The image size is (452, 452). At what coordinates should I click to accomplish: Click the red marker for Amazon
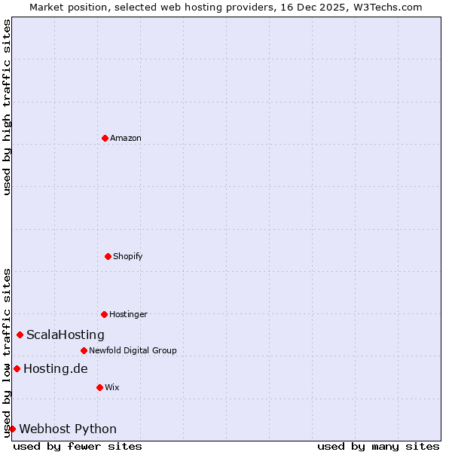[x=105, y=138]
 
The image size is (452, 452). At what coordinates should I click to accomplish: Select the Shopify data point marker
[x=108, y=256]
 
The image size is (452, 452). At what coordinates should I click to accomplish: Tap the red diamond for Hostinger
[x=104, y=314]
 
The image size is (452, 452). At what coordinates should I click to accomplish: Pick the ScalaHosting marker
[x=20, y=334]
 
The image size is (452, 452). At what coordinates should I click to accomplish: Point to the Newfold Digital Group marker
[x=84, y=350]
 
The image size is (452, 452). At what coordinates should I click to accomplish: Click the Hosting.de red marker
[x=17, y=368]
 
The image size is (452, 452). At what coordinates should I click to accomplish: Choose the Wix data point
[x=99, y=387]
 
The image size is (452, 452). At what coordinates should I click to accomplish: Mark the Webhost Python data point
[x=12, y=429]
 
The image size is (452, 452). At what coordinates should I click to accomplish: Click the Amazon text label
[x=126, y=138]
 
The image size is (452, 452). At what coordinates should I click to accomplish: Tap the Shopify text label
[x=128, y=256]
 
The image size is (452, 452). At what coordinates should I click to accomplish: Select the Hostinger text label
[x=128, y=314]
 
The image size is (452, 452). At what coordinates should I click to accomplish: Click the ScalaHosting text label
[x=66, y=334]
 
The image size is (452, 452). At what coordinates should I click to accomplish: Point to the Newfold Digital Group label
[x=133, y=350]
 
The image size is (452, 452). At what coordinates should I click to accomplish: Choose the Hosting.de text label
[x=56, y=368]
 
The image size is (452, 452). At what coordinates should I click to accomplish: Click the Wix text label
[x=112, y=387]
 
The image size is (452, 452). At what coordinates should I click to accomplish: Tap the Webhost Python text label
[x=68, y=429]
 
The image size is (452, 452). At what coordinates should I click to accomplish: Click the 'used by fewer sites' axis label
[x=78, y=446]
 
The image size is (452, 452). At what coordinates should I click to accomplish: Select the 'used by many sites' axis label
[x=378, y=446]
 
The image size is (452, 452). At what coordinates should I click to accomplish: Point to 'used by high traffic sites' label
[x=8, y=108]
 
